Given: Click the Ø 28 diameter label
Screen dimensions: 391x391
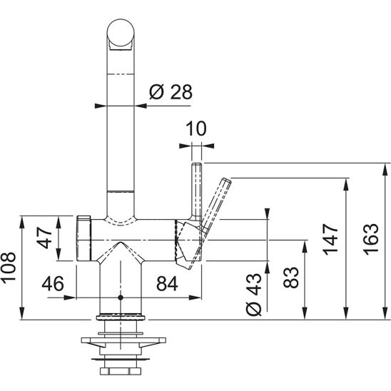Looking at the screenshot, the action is [171, 92].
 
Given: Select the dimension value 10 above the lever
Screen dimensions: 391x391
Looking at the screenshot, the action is [196, 128].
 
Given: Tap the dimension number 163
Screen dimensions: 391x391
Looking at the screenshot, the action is [370, 240].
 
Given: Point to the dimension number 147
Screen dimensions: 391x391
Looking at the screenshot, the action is [330, 240].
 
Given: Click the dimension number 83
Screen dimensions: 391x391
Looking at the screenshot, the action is [291, 278].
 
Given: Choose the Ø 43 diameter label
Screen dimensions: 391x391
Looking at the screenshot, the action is [253, 294].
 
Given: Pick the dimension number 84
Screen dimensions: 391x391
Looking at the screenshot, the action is [167, 283].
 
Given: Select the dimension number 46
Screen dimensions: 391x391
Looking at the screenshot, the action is [53, 283].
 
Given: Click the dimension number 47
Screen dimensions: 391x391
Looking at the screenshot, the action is [44, 238].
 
